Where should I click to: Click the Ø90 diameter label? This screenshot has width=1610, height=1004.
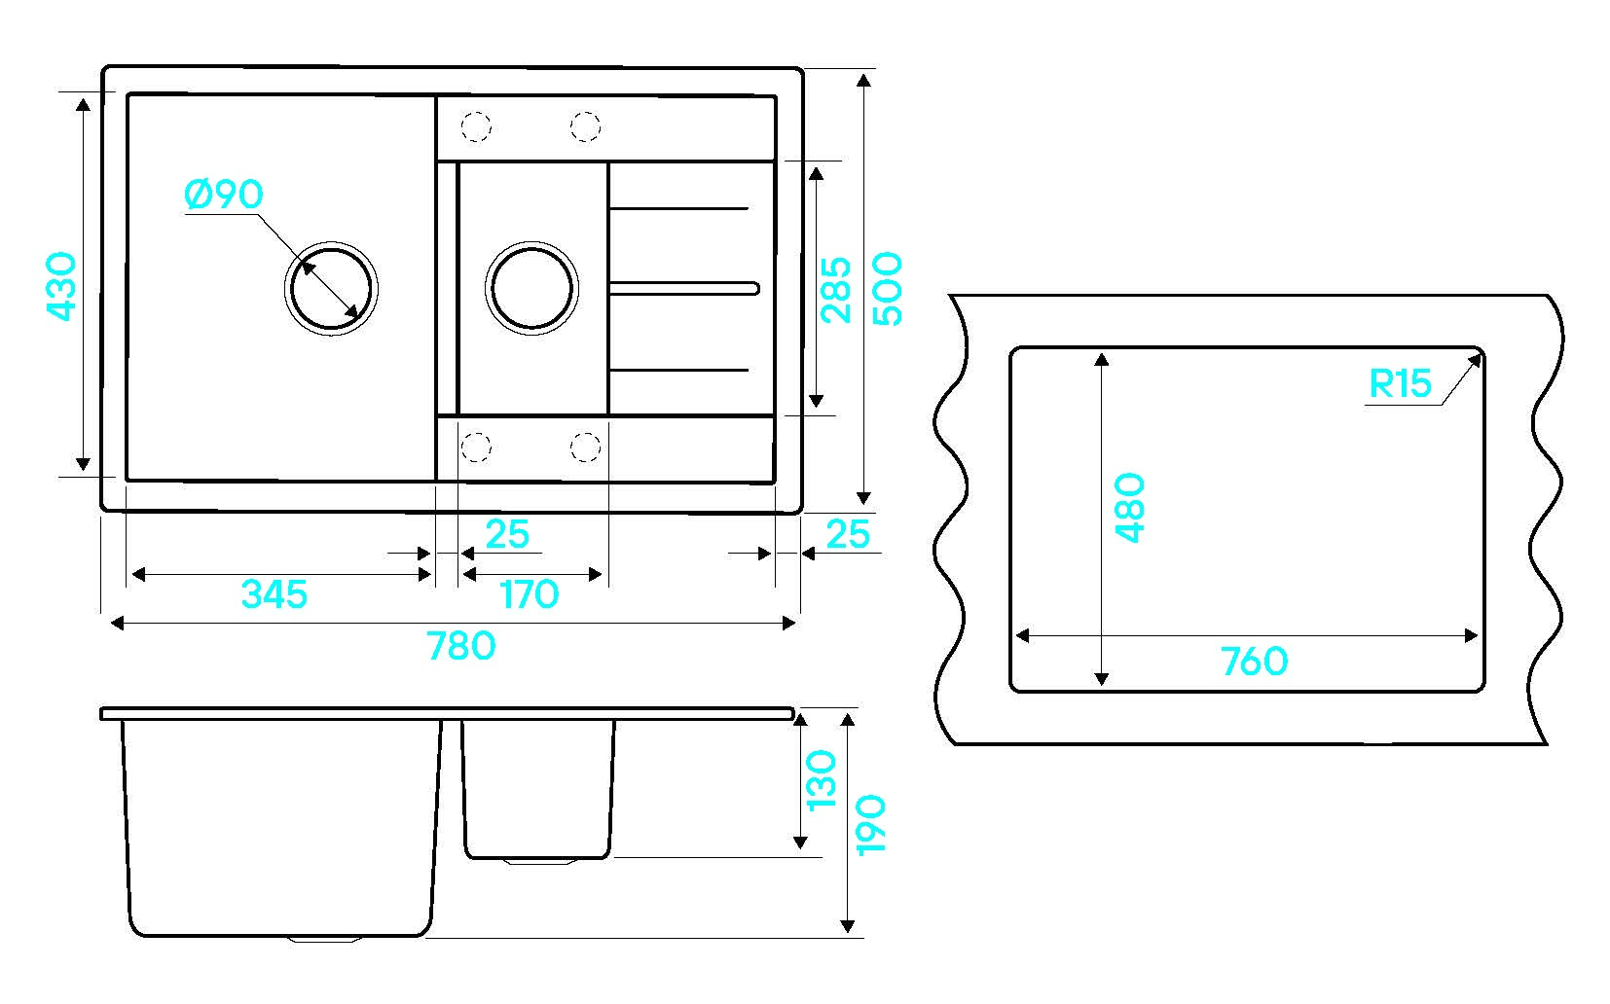[x=223, y=195]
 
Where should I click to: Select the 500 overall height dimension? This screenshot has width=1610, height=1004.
[x=888, y=288]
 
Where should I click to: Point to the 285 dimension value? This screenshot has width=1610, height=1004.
[x=836, y=289]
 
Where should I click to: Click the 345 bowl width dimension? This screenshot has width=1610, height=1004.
[x=274, y=593]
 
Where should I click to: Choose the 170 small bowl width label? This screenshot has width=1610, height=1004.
[x=530, y=593]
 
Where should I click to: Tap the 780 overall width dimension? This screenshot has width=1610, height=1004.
[x=461, y=645]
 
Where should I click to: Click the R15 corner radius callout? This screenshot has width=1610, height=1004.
[x=1400, y=384]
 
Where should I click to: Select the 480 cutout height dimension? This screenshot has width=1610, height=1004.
[x=1129, y=507]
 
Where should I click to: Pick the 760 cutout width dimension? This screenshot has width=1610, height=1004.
[x=1254, y=663]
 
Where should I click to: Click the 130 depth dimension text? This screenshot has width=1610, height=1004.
[x=823, y=779]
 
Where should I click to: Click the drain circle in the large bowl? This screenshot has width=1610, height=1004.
[x=331, y=288]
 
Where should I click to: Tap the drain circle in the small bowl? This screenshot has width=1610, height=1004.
[x=531, y=288]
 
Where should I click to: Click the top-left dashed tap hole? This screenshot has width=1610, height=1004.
[x=476, y=126]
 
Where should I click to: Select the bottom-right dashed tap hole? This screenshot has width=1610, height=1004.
[x=585, y=447]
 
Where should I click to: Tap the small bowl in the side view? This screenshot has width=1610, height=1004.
[x=538, y=788]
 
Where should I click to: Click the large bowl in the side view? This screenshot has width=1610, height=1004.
[x=280, y=827]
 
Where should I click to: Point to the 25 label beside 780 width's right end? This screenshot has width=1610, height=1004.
[x=848, y=534]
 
